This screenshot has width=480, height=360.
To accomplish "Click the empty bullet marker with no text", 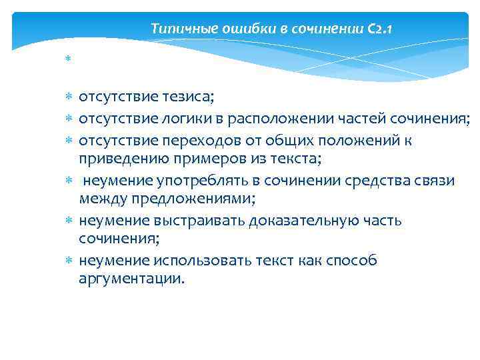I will point(68,60).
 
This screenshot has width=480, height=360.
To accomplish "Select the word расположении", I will point(285,120).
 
